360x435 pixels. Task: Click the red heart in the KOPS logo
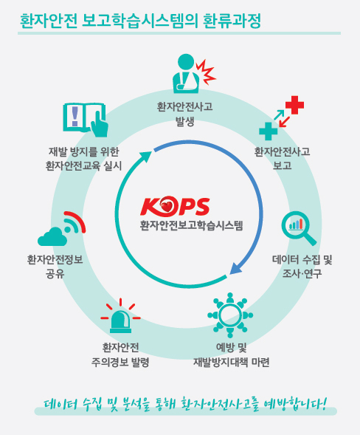167,206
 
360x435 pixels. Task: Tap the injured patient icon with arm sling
186,73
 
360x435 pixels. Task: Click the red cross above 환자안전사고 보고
294,105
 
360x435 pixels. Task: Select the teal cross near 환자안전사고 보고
268,131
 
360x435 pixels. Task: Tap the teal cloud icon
52,236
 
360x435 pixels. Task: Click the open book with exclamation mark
86,120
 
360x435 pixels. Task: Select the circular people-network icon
230,315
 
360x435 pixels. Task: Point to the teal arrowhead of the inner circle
145,157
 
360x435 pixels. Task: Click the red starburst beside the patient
206,72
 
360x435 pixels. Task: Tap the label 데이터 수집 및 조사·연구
302,267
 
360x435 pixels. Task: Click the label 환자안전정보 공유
55,267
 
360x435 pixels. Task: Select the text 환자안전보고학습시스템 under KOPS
191,225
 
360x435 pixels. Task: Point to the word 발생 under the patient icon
185,121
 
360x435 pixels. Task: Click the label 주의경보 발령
120,362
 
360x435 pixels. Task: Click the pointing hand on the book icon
99,124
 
